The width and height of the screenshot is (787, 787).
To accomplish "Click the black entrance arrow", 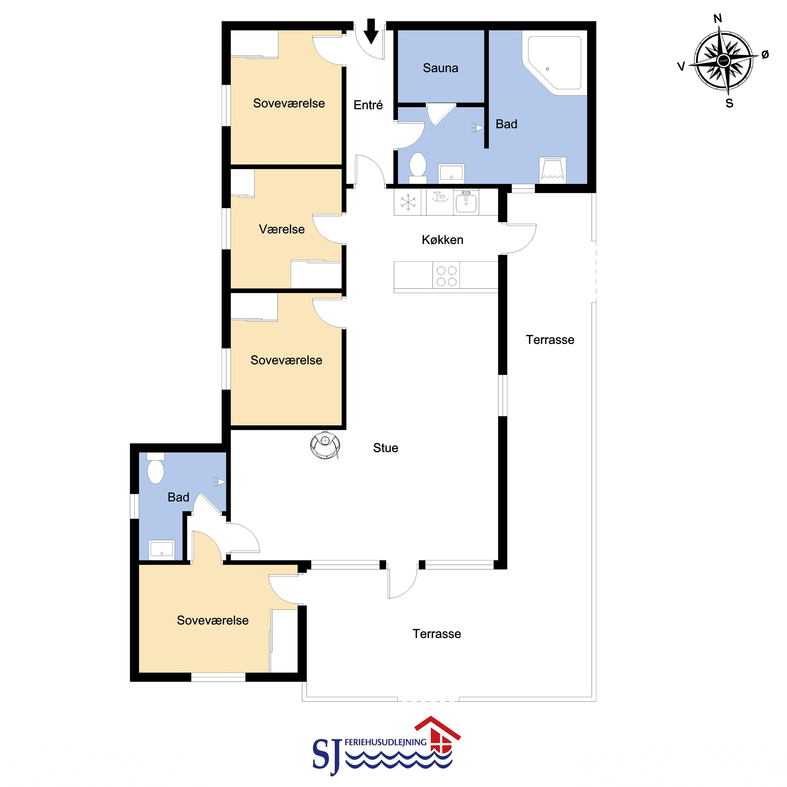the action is pos(371,31).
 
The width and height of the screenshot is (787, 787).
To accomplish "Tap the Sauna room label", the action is pos(440,68).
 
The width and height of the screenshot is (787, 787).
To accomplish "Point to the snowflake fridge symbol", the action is pos(408,202).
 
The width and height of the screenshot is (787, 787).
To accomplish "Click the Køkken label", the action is pos(442,240).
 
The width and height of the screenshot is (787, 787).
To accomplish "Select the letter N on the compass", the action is pos(718,18).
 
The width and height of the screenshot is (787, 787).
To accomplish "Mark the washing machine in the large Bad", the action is pos(552,170).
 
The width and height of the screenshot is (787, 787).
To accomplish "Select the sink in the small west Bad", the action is pos(162,548).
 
